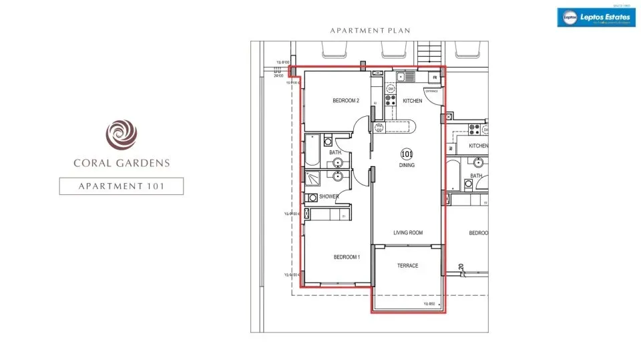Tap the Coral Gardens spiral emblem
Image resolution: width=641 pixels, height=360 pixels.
[x=122, y=134]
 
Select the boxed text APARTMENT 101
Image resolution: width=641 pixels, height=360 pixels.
[x=122, y=186]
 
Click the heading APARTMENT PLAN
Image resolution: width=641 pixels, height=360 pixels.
[x=370, y=31]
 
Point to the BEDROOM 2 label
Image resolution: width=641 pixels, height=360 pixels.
[x=346, y=101]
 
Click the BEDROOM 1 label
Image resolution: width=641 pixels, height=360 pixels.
[x=347, y=257]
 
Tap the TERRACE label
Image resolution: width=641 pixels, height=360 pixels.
[x=407, y=266]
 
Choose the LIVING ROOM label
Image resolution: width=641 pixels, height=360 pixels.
[x=407, y=233]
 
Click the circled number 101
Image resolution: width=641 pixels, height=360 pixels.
[x=407, y=153]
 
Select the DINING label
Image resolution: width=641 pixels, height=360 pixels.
[x=407, y=165]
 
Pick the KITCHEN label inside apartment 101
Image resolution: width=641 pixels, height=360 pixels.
[x=412, y=101]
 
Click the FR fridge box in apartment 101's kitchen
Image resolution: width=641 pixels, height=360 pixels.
[x=435, y=77]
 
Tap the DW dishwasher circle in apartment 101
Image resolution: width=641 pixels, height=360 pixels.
[x=391, y=89]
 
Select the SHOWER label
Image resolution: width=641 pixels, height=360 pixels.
[x=329, y=197]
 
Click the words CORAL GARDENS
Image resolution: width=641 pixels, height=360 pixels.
[x=122, y=162]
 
